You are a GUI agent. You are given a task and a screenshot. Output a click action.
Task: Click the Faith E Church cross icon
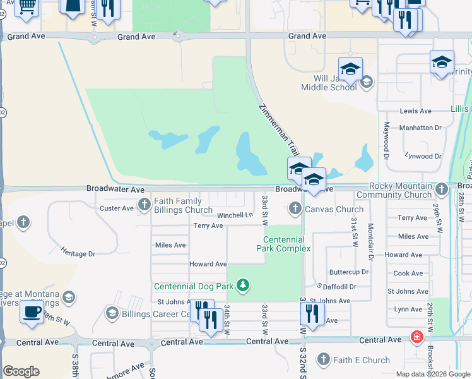coord(324,360)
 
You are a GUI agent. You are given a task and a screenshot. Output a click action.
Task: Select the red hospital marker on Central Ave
coord(416,337)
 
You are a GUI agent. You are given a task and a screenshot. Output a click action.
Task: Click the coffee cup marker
coord(32,311)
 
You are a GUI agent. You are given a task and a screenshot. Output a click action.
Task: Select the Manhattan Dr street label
coord(420,128)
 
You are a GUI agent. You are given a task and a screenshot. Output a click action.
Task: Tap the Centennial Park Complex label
coord(284,244)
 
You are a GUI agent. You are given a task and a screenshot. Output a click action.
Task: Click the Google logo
coord(21,371)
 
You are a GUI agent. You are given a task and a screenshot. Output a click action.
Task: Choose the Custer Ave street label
coord(117,208)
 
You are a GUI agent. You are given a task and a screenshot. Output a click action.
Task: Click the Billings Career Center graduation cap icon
coord(112,313)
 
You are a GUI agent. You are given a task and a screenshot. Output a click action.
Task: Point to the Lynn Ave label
coord(408,309)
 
